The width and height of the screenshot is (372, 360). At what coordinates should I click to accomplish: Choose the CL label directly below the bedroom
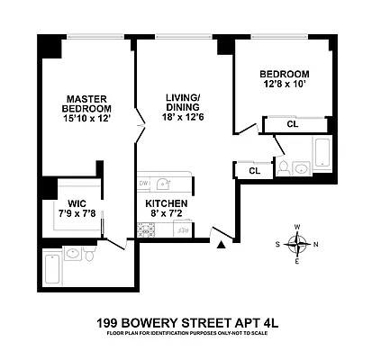tap(292, 124)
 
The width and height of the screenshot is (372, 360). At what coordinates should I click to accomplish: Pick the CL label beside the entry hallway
tap(254, 169)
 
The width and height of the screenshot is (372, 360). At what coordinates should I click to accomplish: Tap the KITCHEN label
tap(168, 203)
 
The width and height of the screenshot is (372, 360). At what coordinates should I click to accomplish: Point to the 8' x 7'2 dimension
tap(168, 216)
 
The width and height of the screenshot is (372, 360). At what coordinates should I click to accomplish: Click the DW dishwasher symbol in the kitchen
tap(144, 183)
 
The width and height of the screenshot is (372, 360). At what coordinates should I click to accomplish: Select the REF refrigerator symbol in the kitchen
tap(183, 231)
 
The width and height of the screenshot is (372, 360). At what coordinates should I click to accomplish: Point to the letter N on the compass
tap(314, 243)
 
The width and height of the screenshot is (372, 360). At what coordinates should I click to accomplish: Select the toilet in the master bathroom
tap(90, 257)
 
